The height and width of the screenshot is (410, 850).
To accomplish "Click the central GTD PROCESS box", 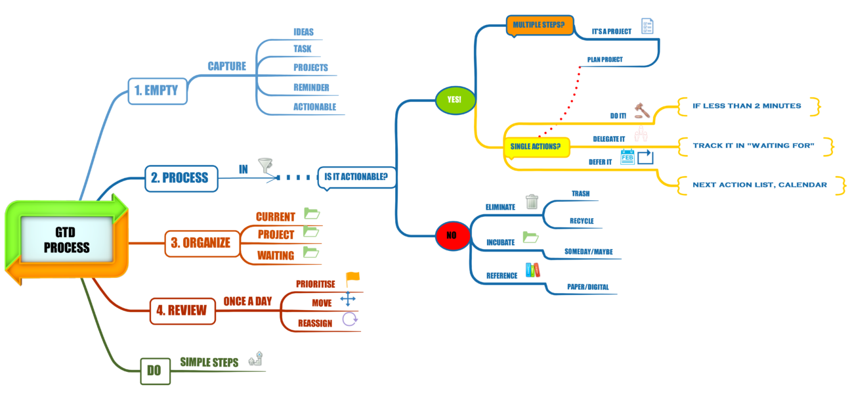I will [x=66, y=240].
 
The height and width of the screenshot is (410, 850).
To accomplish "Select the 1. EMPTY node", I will [x=156, y=91].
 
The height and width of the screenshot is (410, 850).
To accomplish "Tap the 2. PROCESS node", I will [x=180, y=177].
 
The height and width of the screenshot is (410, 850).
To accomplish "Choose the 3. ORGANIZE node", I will [x=200, y=242].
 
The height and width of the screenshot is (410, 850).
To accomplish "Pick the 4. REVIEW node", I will [x=182, y=311].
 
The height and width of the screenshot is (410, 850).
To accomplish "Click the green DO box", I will [x=154, y=371].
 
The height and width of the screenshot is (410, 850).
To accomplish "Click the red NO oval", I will [x=452, y=235].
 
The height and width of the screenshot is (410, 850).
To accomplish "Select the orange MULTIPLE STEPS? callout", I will [x=539, y=26].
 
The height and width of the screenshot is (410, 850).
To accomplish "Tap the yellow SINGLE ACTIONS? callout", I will [x=535, y=146].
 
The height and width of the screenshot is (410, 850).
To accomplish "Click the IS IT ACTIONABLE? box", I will [x=356, y=176].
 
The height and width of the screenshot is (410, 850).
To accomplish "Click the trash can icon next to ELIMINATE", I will [x=532, y=202].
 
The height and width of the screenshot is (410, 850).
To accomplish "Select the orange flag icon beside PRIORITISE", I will [x=352, y=279].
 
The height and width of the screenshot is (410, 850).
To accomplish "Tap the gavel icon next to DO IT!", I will [x=641, y=110].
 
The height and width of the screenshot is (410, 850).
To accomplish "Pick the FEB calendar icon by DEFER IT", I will [x=627, y=157].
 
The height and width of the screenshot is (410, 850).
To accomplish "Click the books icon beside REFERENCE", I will [x=532, y=269].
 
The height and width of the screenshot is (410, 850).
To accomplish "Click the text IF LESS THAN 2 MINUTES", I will [x=746, y=106].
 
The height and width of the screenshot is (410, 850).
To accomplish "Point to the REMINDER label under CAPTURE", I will [x=311, y=87].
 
